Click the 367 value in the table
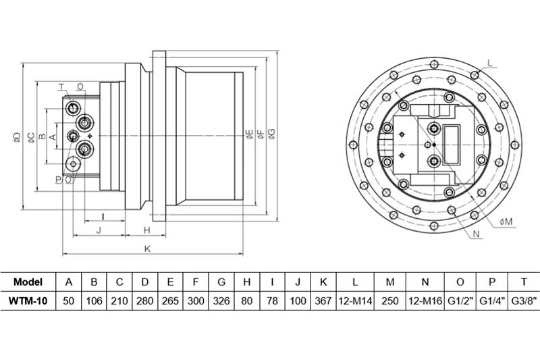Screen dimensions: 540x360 [323, 301]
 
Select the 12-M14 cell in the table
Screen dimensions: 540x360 [355, 301]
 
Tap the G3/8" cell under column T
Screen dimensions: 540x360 [524, 301]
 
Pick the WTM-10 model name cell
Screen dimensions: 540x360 [28, 301]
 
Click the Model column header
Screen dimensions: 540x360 [28, 282]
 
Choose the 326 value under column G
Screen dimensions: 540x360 [221, 301]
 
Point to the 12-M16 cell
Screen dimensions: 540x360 [425, 301]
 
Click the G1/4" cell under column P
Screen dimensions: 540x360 [492, 301]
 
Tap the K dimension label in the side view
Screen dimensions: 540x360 [147, 249]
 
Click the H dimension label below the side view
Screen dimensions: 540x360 [147, 230]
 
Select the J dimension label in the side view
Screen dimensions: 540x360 [99, 230]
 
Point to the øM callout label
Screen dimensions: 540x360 [506, 222]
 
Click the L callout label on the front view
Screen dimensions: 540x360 [491, 63]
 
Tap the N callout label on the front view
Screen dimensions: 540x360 [477, 234]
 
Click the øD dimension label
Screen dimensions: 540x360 [18, 137]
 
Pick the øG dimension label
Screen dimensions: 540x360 [272, 134]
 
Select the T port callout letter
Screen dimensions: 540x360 [61, 86]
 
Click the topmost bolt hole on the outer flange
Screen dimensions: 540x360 [434, 63]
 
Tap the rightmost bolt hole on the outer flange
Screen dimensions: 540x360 [515, 145]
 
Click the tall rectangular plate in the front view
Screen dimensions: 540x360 [452, 145]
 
